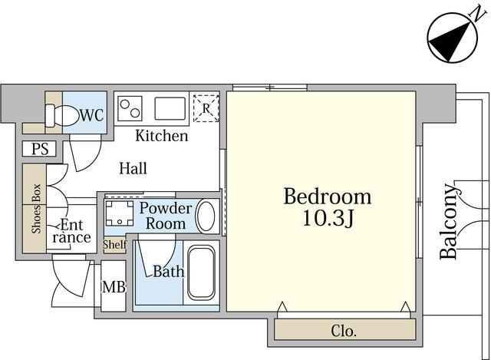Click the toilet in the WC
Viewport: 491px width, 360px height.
click(62, 116)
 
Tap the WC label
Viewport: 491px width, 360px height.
click(91, 115)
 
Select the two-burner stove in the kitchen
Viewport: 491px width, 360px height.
click(130, 108)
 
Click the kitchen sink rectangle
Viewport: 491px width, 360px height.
click(170, 108)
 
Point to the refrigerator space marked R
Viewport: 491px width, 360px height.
click(206, 108)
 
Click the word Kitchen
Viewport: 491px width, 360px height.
click(162, 136)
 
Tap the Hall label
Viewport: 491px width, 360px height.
click(133, 168)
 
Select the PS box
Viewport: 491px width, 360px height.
click(39, 148)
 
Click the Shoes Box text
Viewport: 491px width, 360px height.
click(36, 209)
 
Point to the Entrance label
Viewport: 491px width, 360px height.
click(71, 231)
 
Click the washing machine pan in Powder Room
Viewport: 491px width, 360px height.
click(120, 213)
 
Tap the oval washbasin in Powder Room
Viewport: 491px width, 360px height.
click(205, 216)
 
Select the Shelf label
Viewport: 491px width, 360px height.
click(115, 244)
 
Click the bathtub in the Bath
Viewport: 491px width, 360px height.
click(201, 273)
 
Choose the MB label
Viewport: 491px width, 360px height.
click(114, 286)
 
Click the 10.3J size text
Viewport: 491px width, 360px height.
click(328, 218)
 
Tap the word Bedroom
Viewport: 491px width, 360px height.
click(328, 197)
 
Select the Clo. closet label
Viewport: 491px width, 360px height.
click(344, 331)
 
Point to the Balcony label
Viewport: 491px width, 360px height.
click(449, 222)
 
